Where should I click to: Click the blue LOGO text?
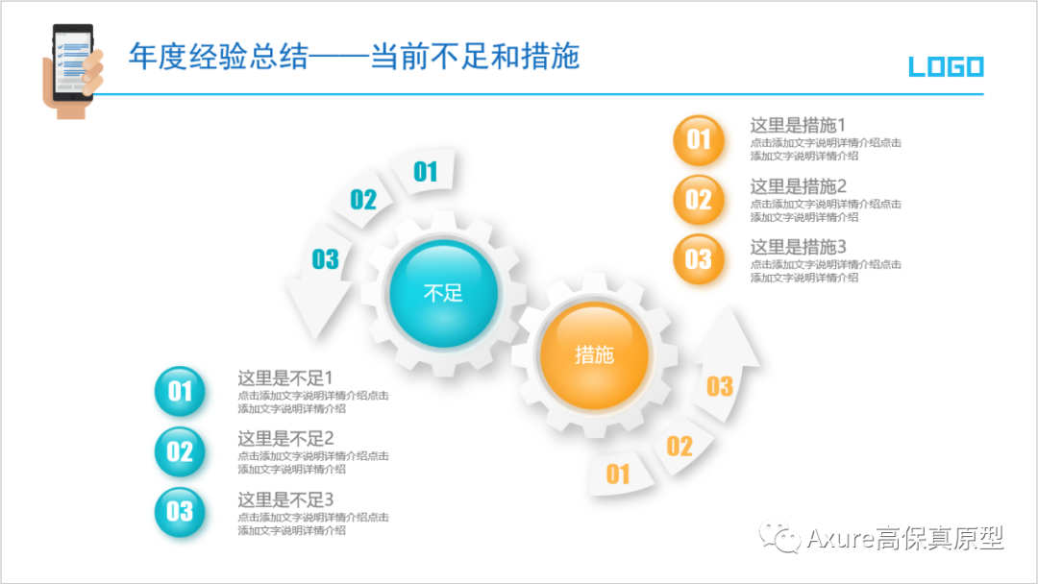tap(946, 67)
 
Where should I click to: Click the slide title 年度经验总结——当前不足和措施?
tap(354, 57)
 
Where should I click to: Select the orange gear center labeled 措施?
tap(594, 353)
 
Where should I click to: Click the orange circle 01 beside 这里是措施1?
tap(699, 140)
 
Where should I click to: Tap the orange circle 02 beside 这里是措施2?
tap(699, 200)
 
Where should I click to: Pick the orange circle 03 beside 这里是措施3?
tap(699, 259)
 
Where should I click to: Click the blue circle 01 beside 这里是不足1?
tap(180, 391)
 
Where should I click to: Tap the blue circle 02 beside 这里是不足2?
tap(180, 451)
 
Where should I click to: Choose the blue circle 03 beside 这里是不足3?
tap(180, 512)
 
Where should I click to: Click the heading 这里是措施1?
tap(797, 126)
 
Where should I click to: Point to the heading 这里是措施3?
tap(797, 247)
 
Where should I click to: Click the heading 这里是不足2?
tap(285, 439)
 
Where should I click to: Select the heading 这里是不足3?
tap(285, 499)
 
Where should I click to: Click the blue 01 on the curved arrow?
tap(426, 172)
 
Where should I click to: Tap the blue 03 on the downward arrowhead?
tap(326, 259)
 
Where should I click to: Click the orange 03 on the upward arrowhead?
tap(720, 386)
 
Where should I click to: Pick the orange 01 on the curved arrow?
tap(618, 474)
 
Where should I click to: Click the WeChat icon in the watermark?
tap(779, 538)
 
